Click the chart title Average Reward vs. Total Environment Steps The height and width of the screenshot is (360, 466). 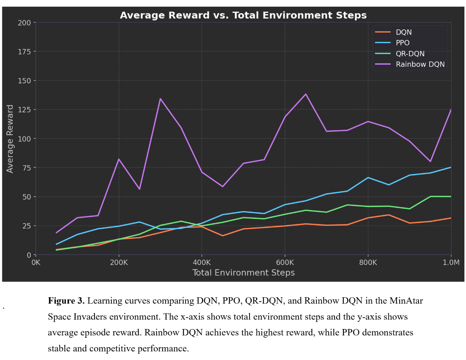(243, 15)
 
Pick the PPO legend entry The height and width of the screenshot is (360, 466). (403, 43)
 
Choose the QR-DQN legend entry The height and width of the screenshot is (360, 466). (410, 54)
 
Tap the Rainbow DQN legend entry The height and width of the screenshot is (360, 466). (420, 64)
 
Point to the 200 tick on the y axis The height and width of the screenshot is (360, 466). (24, 22)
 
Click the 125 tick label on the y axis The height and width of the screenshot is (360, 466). (24, 109)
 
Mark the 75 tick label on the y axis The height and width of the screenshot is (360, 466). (26, 167)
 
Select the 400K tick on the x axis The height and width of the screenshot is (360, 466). (202, 262)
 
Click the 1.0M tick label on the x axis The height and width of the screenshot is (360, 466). (451, 262)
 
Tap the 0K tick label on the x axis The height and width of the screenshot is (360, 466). (36, 262)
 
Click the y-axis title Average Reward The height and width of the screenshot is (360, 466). (10, 138)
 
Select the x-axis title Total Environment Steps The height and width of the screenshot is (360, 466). (243, 273)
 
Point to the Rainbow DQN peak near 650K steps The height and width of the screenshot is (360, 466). (306, 94)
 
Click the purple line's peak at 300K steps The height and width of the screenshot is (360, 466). (160, 98)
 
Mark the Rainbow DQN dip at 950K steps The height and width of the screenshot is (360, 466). (430, 161)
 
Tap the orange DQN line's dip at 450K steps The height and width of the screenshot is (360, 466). (222, 236)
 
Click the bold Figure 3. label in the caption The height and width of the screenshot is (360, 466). (66, 301)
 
